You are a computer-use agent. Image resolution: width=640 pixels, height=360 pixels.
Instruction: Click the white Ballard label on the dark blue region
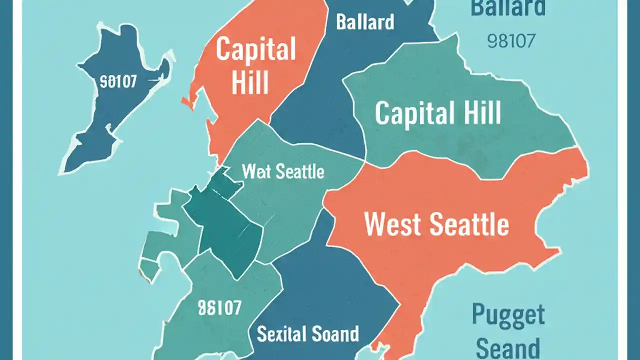point(365,21)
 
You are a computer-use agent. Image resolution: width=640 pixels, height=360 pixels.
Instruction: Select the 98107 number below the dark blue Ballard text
point(510,41)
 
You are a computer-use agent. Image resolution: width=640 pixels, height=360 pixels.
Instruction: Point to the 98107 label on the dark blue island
point(118,81)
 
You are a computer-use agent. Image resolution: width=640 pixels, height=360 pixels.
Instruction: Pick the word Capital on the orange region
point(256,50)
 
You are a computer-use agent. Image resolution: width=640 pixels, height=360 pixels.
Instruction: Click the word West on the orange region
point(392,224)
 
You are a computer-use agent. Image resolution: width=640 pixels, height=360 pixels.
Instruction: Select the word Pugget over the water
point(508,315)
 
